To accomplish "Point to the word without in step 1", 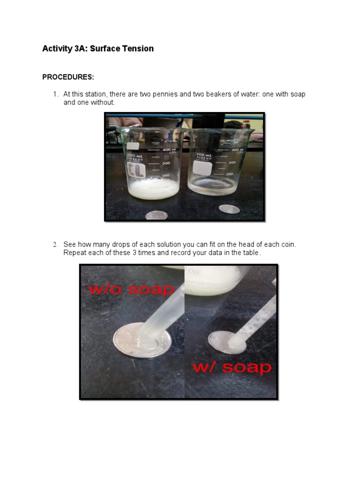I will [x=103, y=102].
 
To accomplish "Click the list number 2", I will [x=55, y=245].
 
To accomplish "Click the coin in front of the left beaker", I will [x=156, y=215].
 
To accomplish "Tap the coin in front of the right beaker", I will [x=229, y=208].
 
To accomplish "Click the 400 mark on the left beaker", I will [x=166, y=150].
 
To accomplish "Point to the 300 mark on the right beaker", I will [x=231, y=162].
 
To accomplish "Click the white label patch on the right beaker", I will [x=202, y=167].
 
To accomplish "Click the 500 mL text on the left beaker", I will [x=136, y=155].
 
